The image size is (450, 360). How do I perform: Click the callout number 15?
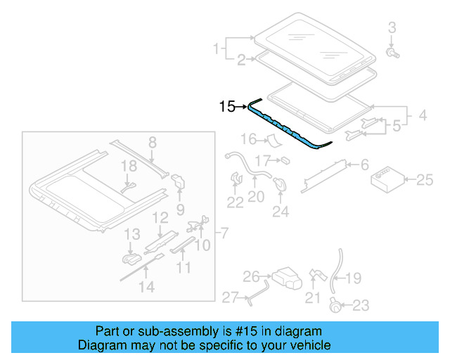click(227, 107)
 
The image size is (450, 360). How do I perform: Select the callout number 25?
click(425, 180)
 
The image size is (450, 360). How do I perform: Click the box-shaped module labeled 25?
click(387, 179)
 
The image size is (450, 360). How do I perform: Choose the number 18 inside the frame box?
click(127, 166)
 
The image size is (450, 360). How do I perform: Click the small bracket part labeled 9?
click(179, 182)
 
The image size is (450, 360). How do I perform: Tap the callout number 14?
click(146, 285)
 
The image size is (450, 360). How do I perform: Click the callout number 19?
click(353, 278)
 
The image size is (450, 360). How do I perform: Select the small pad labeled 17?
click(285, 161)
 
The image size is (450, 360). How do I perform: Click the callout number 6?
click(364, 165)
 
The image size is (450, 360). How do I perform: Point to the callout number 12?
click(160, 218)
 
